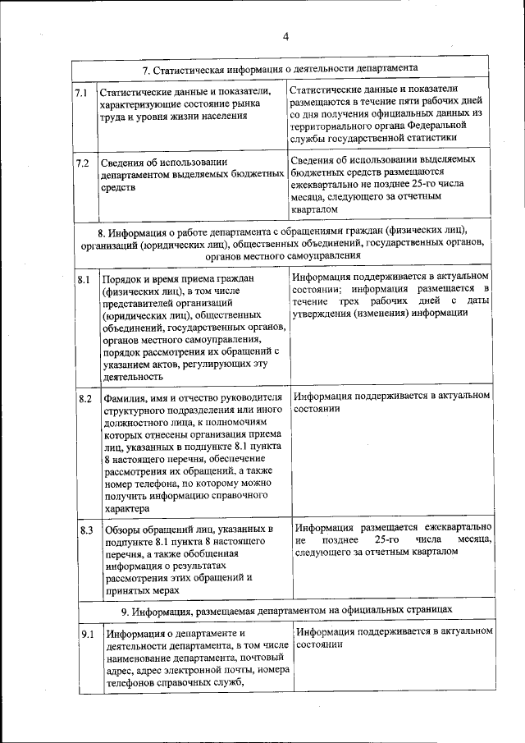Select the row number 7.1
pos(81,93)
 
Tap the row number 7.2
pos(82,163)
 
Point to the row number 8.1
pos(84,281)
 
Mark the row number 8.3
pos(85,530)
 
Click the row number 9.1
pos(87,635)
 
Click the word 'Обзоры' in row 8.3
pos(124,530)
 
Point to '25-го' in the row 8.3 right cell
pos(390,539)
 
